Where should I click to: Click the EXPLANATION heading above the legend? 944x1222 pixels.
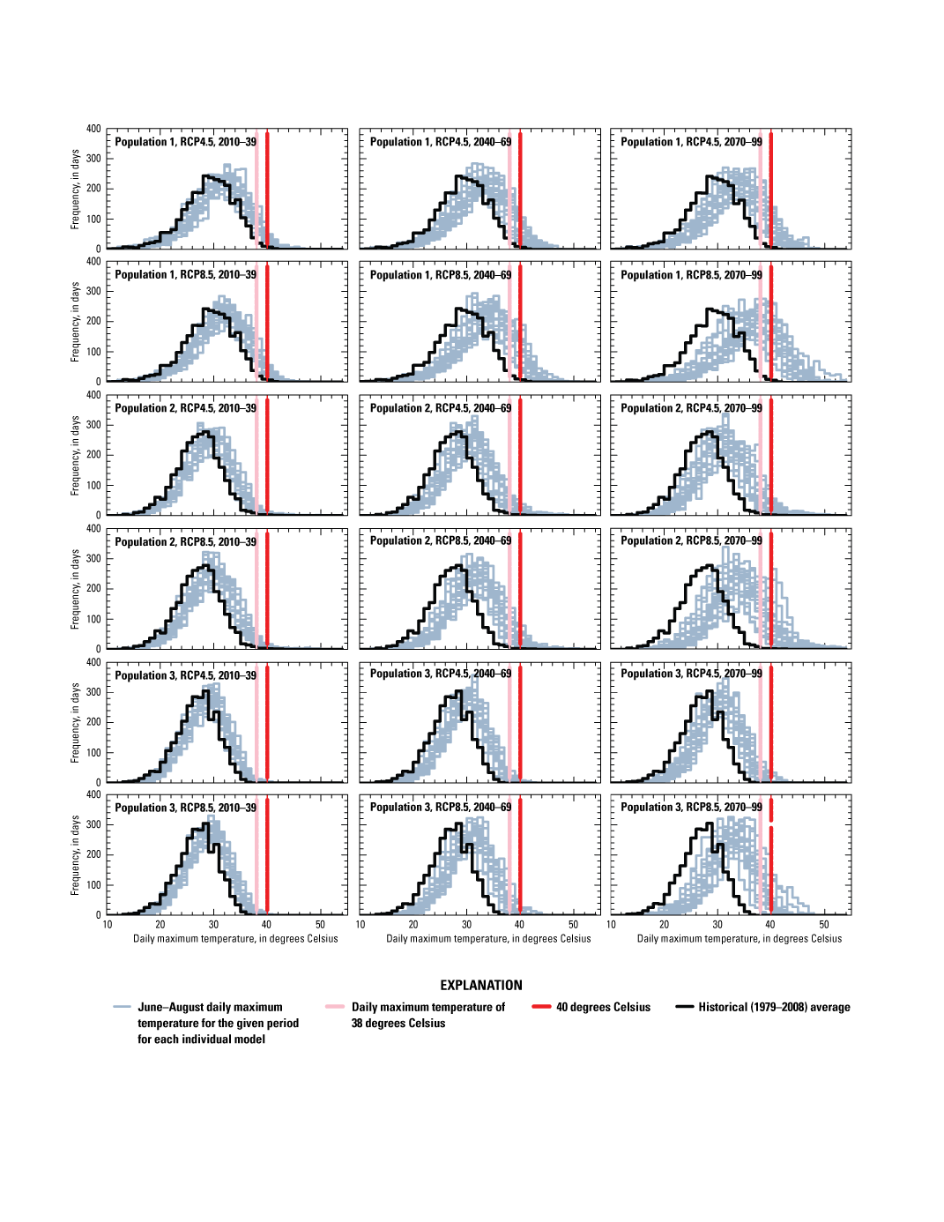coord(480,985)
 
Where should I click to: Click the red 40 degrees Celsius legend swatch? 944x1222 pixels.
coord(541,1007)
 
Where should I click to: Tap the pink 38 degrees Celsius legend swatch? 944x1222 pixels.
coord(335,1007)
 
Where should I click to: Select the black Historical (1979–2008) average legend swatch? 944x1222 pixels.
coord(685,1007)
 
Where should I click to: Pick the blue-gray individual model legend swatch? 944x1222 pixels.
coord(123,1007)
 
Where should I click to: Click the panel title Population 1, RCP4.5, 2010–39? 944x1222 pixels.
coord(185,142)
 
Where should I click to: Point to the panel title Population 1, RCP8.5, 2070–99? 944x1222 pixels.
coord(691,275)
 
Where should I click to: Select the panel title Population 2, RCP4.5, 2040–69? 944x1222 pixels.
coord(440,408)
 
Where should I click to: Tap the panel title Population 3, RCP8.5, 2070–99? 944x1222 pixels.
coord(691,808)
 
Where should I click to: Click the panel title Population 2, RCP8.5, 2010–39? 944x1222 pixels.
coord(185,542)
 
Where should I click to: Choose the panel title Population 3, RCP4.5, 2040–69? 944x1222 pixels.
coord(440,674)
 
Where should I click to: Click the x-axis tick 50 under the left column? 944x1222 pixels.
coord(320,925)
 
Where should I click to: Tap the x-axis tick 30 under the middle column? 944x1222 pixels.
coord(467,925)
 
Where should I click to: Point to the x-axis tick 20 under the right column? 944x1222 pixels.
coord(665,925)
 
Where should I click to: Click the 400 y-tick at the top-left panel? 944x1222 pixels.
coord(93,129)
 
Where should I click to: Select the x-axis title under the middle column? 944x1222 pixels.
coord(488,939)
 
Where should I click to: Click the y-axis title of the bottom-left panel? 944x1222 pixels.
coord(75,855)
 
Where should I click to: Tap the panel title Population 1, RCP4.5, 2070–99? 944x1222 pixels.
coord(691,142)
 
